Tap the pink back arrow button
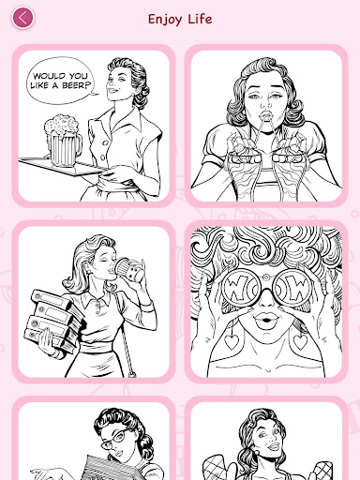22,18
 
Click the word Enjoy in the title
165,20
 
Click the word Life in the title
200,19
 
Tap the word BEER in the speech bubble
76,85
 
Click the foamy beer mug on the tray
63,141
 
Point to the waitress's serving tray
63,167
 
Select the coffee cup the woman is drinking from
130,269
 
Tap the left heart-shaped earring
232,340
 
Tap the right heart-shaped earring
300,340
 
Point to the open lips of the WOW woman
265,321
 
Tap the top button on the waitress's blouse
107,142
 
